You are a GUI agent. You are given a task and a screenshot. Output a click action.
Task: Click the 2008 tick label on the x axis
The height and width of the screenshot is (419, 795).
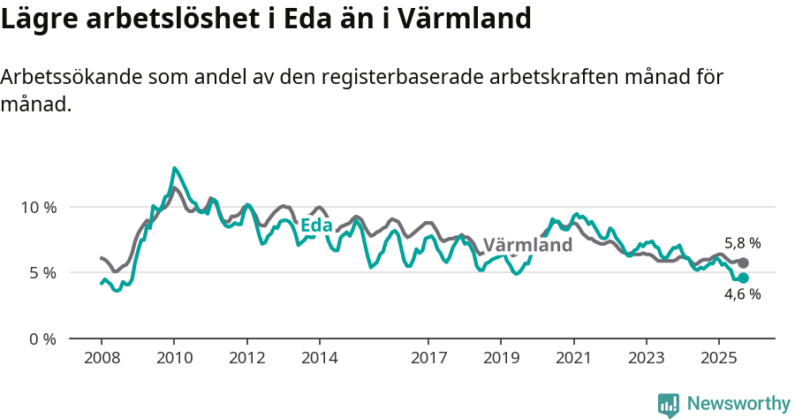pyautogui.click(x=101, y=358)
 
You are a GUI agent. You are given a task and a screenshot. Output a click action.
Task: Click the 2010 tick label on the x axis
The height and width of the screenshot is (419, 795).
pyautogui.click(x=174, y=358)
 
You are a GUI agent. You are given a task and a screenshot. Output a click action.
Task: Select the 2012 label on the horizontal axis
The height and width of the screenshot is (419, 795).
pyautogui.click(x=246, y=358)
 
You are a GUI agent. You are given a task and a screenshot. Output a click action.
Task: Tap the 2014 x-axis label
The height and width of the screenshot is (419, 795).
pyautogui.click(x=319, y=358)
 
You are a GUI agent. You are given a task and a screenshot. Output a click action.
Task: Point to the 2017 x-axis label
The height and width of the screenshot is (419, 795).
pyautogui.click(x=428, y=358)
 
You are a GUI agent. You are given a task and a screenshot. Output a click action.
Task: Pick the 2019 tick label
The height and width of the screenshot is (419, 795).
pyautogui.click(x=501, y=358)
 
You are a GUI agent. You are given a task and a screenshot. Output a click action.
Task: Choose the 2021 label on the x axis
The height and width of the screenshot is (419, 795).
pyautogui.click(x=574, y=358)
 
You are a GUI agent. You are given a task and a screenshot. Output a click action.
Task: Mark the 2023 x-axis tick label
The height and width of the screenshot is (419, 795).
pyautogui.click(x=647, y=358)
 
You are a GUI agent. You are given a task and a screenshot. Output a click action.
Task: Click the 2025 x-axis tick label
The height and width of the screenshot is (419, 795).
pyautogui.click(x=719, y=358)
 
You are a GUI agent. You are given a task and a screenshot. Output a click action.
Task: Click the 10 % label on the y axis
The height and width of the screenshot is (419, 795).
pyautogui.click(x=38, y=207)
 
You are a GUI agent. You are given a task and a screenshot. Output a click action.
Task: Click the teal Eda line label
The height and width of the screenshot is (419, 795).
pyautogui.click(x=316, y=226)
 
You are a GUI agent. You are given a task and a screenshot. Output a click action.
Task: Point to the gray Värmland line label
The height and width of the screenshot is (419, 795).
pyautogui.click(x=527, y=245)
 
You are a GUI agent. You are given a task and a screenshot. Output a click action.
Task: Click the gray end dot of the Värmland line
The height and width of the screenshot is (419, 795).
pyautogui.click(x=744, y=263)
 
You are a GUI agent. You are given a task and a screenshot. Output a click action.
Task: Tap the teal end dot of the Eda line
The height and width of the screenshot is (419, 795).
pyautogui.click(x=744, y=278)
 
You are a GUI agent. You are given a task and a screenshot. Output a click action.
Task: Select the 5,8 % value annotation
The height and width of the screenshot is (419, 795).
pyautogui.click(x=742, y=243)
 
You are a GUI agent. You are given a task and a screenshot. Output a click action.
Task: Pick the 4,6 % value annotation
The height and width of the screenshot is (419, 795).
pyautogui.click(x=742, y=295)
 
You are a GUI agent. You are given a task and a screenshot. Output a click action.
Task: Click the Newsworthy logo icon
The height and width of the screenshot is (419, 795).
pyautogui.click(x=669, y=405)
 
